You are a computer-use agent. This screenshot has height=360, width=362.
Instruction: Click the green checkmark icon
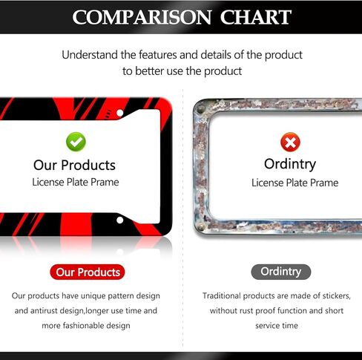[76, 142]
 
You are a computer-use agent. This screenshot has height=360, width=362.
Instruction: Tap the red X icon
[290, 143]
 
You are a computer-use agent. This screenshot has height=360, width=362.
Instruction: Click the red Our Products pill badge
[88, 272]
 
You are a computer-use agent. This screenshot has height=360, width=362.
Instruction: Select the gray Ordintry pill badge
[281, 272]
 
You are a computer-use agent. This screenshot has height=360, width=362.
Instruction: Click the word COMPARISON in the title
[142, 17]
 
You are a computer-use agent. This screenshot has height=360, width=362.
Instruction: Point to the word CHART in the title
[256, 17]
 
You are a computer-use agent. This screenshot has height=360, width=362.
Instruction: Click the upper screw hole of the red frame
[120, 113]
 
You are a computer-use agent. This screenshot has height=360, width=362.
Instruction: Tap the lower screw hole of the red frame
[120, 220]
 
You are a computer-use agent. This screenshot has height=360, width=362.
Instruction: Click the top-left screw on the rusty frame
[201, 109]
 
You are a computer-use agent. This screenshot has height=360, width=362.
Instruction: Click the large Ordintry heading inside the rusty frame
[290, 164]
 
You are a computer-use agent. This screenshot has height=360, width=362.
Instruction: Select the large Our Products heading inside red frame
[74, 165]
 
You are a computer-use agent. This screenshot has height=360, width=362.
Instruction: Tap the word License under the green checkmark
[48, 182]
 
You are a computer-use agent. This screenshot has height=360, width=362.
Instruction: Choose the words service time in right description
[277, 325]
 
